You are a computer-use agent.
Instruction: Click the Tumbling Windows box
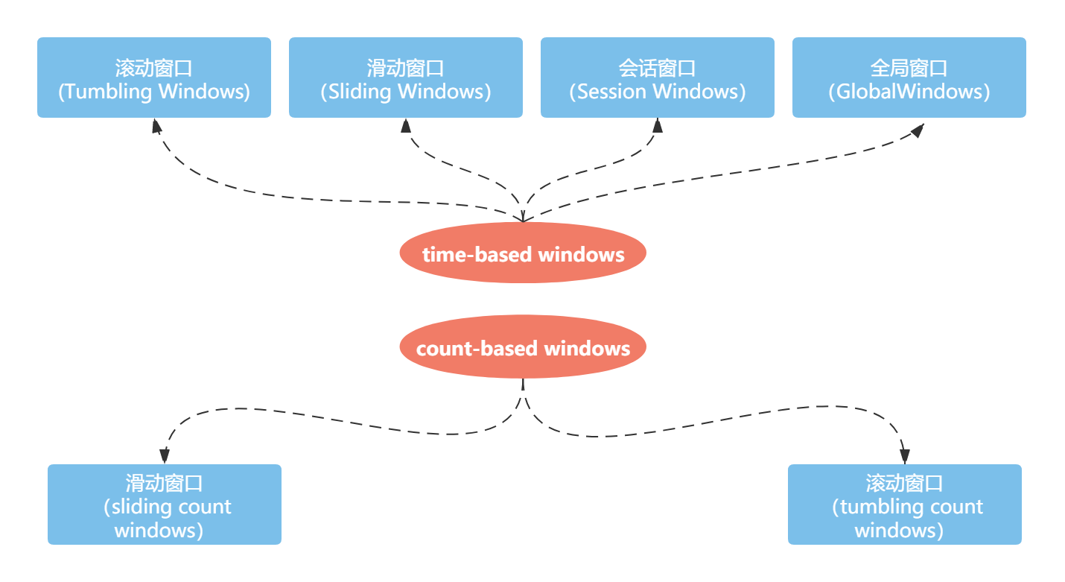click(x=154, y=78)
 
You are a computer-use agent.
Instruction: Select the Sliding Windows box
click(x=406, y=78)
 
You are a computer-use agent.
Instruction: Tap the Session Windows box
click(x=658, y=78)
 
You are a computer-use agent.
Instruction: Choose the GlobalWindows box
click(x=909, y=78)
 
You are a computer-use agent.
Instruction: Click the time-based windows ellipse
click(x=523, y=253)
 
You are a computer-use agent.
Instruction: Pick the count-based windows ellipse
click(x=523, y=347)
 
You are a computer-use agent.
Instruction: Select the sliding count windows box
click(x=165, y=504)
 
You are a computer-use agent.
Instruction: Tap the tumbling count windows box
click(x=905, y=504)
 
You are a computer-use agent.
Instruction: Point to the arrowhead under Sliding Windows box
click(x=406, y=125)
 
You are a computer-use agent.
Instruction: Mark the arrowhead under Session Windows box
click(x=658, y=125)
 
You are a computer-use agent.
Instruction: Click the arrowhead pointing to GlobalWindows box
click(x=917, y=130)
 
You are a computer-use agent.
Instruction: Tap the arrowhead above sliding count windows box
click(x=165, y=455)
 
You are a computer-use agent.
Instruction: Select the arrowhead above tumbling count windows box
click(x=905, y=455)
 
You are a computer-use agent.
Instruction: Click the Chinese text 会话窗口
click(x=658, y=68)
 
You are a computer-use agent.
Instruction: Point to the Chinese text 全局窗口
click(x=909, y=68)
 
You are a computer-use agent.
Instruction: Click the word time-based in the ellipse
click(x=477, y=254)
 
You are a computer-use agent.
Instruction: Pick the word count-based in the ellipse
click(x=477, y=348)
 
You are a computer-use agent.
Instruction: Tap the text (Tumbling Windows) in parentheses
click(x=154, y=92)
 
